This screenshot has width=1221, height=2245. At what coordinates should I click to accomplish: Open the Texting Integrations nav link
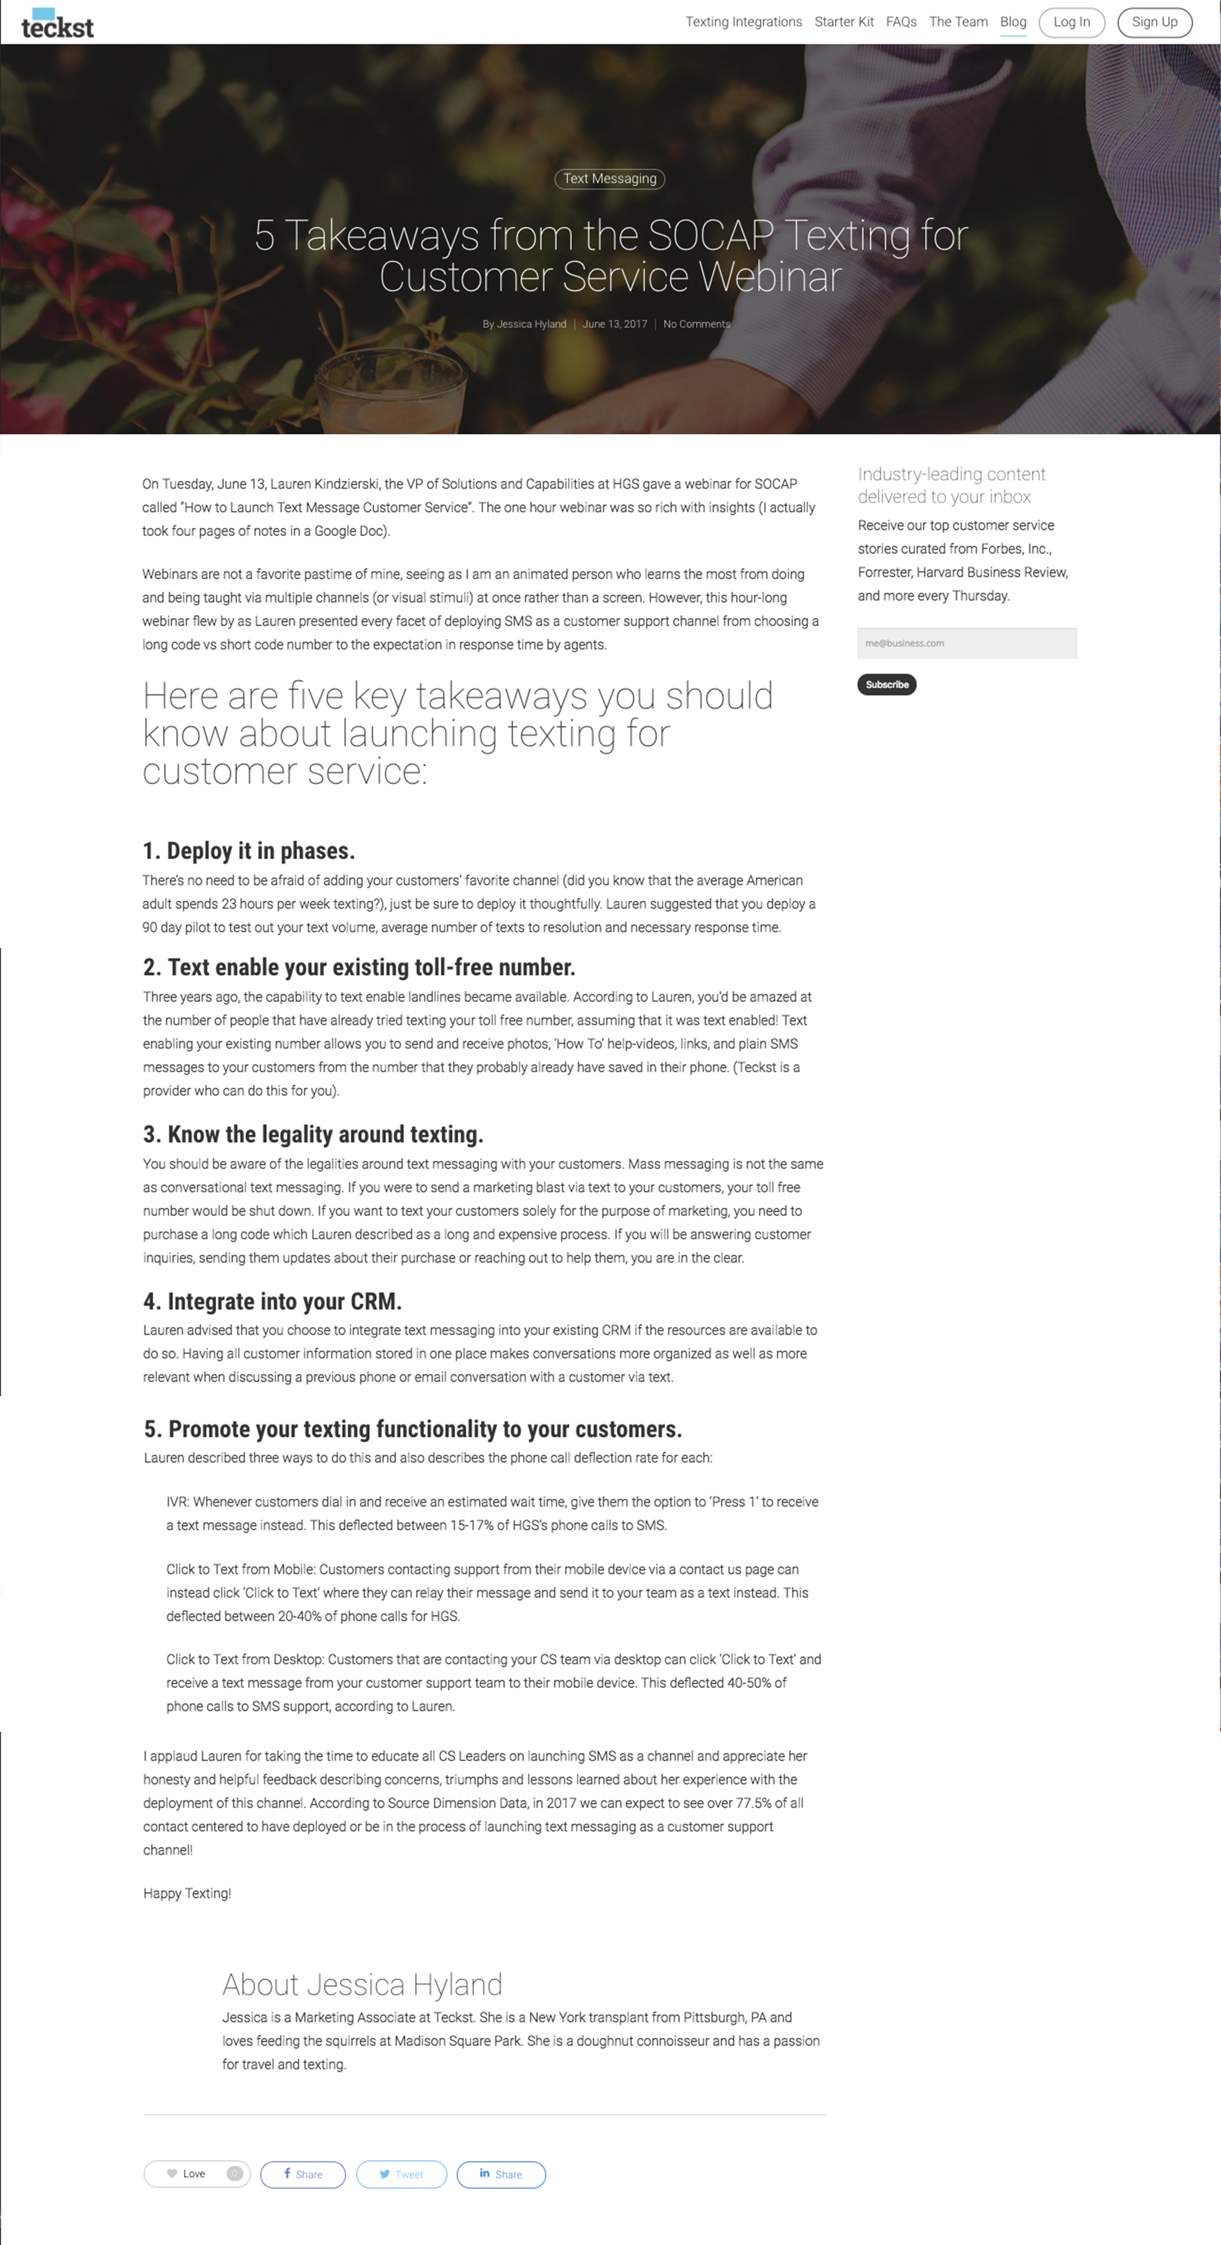pos(744,22)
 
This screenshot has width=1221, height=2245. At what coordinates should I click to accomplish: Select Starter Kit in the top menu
pos(844,22)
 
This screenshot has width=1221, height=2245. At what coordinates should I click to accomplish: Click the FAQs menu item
pos(901,22)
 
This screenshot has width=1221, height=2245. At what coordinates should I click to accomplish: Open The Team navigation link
pos(958,22)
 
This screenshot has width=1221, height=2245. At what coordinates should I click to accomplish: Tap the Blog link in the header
pos(1013,22)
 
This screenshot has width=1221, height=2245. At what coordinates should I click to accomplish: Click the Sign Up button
pos(1154,22)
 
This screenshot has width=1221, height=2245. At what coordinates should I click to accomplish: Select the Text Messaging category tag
pos(609,178)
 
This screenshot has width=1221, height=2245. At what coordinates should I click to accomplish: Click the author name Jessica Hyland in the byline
pos(531,324)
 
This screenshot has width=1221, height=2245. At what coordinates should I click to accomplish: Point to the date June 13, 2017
pos(615,324)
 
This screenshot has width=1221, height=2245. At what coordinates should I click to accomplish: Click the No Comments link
pos(697,324)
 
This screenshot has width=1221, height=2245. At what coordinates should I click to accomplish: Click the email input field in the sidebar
pos(966,643)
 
